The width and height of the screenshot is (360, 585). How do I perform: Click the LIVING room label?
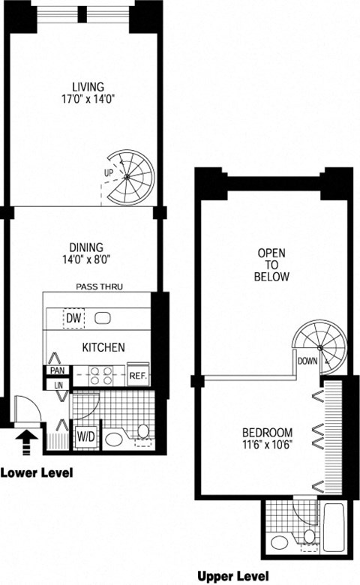[88, 86]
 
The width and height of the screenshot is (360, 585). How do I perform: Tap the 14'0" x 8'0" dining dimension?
[86, 259]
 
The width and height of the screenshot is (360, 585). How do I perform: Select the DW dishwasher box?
[73, 318]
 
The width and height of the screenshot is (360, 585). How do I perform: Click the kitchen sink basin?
[103, 318]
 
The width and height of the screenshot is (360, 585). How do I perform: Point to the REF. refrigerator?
[138, 374]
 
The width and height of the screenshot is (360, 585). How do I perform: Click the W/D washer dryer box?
[86, 436]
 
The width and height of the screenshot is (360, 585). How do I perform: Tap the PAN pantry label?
[57, 370]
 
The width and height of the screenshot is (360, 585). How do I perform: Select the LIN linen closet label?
[58, 385]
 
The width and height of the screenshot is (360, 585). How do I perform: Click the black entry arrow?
[26, 442]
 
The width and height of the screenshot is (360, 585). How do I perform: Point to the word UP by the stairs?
[109, 172]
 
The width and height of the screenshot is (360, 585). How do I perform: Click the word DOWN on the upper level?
[307, 361]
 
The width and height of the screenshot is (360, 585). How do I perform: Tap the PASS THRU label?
[99, 286]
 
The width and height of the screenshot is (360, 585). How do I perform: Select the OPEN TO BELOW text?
[271, 265]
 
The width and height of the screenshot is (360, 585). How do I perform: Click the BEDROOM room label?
[268, 433]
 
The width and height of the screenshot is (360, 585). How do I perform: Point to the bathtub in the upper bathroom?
[333, 527]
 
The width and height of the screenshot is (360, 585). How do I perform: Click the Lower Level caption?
[37, 472]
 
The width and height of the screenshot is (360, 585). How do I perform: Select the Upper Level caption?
[232, 577]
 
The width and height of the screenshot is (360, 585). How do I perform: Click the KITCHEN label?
[103, 347]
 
